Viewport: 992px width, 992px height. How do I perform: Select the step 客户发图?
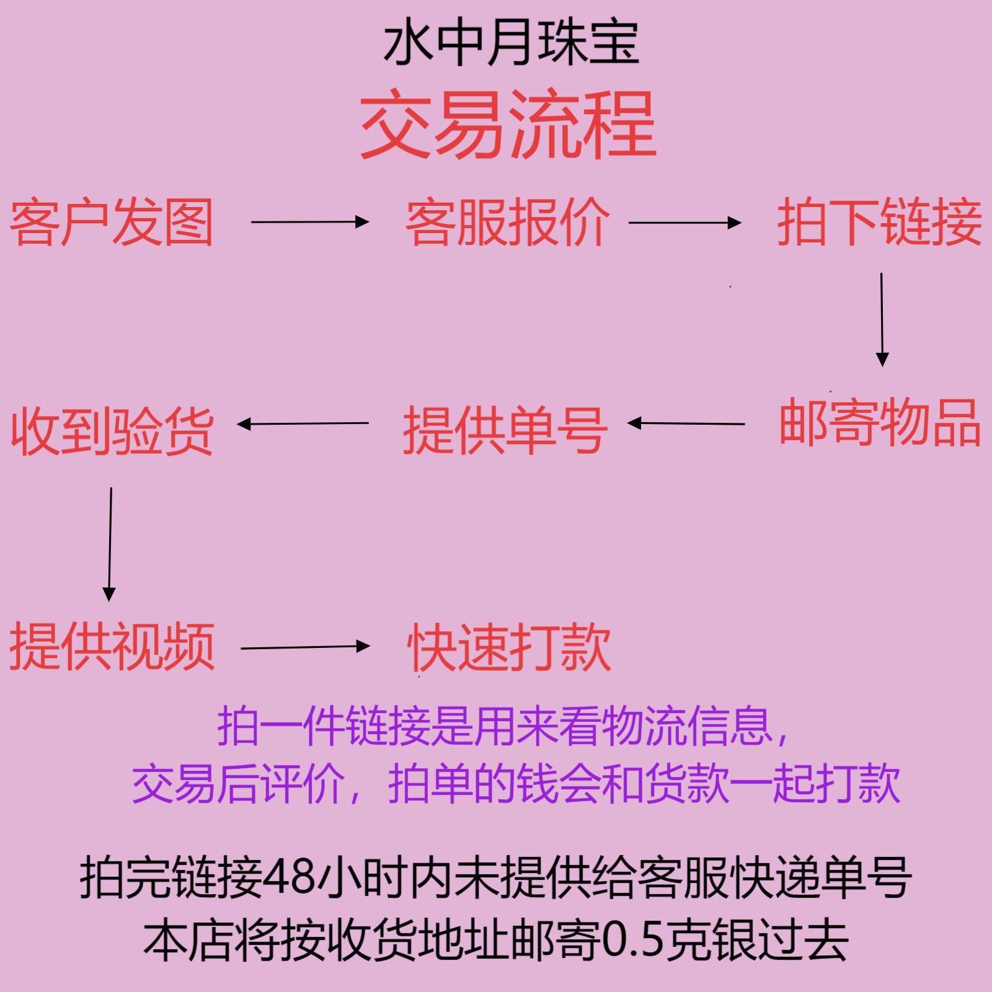[x=112, y=222]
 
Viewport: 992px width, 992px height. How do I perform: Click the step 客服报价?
[x=508, y=222]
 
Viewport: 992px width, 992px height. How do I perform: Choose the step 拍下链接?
[x=880, y=222]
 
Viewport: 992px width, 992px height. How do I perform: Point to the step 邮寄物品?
[x=880, y=423]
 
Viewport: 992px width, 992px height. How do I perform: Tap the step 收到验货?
[x=112, y=432]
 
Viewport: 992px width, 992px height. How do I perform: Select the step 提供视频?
[x=112, y=646]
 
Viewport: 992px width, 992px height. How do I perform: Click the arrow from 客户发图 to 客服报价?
[x=309, y=221]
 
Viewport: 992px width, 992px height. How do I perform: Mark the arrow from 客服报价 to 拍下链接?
[x=684, y=222]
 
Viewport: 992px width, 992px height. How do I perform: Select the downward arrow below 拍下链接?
[x=882, y=319]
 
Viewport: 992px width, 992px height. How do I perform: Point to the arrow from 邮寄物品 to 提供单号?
[x=686, y=423]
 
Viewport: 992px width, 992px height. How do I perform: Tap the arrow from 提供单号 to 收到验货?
[x=303, y=424]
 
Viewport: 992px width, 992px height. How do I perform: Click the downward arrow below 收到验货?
[x=110, y=544]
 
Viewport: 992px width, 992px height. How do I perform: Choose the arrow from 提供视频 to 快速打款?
[x=304, y=647]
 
